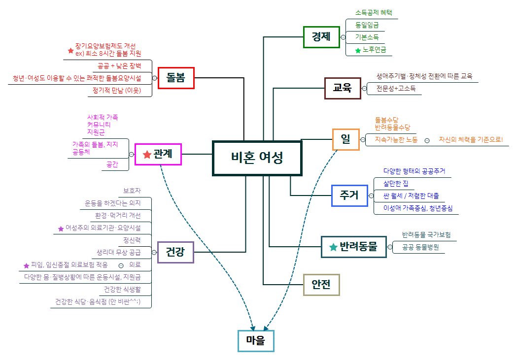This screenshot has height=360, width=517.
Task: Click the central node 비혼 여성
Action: pos(257,158)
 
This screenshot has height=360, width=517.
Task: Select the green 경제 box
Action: pos(321,37)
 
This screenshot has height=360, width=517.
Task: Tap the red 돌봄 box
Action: pos(176,78)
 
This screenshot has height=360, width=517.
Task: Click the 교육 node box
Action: pos(342,89)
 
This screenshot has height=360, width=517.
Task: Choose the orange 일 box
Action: pos(345,139)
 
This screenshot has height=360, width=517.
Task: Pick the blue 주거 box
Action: pos(349,196)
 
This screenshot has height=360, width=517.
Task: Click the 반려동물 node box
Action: pos(353,247)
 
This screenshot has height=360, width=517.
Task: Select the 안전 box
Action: pos(321,284)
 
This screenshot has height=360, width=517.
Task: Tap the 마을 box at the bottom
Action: pos(256,341)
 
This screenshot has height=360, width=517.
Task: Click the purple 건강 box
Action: pos(175,252)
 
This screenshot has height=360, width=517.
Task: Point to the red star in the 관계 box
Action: pos(147,155)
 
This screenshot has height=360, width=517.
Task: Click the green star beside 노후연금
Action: pos(358,50)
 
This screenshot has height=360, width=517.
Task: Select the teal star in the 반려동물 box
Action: pos(333,247)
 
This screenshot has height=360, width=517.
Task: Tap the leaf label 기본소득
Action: pos(367,37)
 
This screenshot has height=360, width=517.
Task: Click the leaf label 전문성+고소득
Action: pos(396,89)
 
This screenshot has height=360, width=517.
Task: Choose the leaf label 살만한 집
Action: pos(396,184)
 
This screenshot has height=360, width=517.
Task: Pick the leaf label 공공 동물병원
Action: pos(420,247)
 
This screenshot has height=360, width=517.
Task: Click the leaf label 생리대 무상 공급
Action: pos(119,253)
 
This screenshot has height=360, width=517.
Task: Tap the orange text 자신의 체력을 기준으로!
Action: pos(471,140)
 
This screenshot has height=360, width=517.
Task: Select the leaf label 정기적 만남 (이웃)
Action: pos(117,91)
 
